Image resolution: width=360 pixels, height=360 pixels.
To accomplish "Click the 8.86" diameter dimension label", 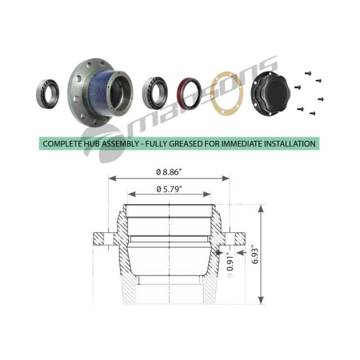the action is [x=167, y=172].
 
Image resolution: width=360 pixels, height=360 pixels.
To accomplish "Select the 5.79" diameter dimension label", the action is [x=169, y=189].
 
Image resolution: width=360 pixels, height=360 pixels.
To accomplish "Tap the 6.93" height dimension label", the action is [x=255, y=255].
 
